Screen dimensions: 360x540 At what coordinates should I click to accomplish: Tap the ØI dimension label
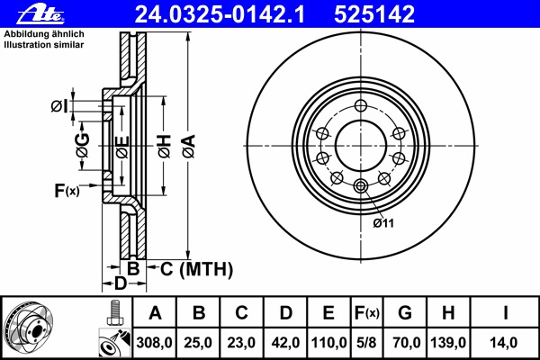(58, 106)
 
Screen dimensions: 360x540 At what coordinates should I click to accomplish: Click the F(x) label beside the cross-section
(67, 190)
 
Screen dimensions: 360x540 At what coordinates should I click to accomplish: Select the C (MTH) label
(196, 268)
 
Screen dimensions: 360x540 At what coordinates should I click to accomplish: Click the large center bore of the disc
(361, 145)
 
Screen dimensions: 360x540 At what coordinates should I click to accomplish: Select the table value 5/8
(367, 342)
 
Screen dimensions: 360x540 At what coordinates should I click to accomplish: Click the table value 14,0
(507, 342)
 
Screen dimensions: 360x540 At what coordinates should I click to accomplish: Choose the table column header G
(405, 313)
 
